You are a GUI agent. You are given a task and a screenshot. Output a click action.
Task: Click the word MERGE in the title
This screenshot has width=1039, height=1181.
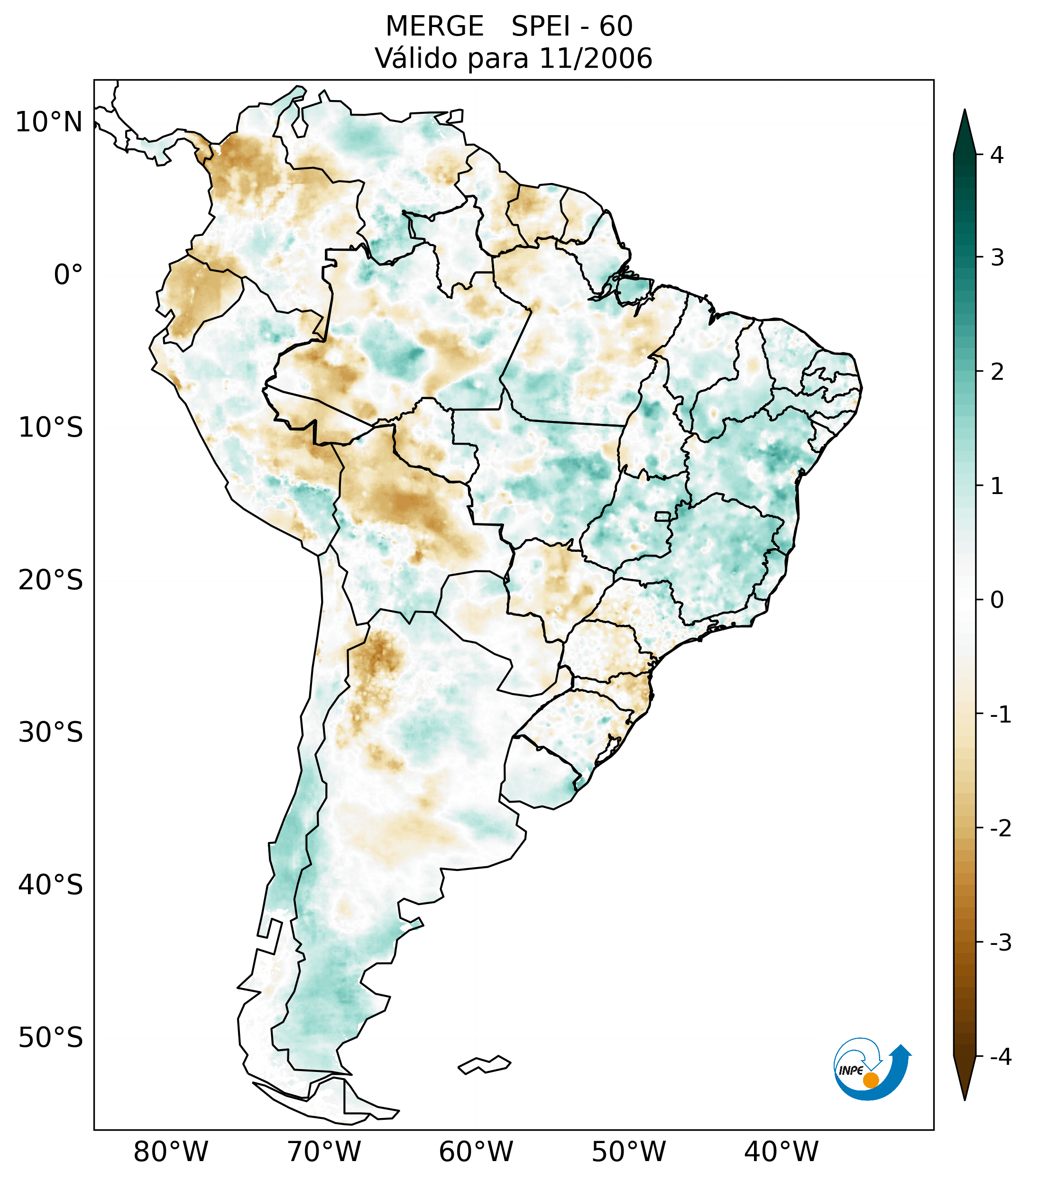[434, 27]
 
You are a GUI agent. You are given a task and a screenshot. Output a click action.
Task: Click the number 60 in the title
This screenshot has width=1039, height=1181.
[616, 27]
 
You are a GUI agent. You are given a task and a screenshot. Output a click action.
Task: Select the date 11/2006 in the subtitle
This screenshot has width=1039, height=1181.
[596, 58]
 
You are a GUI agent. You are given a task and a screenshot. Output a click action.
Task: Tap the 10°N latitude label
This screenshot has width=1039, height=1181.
[49, 122]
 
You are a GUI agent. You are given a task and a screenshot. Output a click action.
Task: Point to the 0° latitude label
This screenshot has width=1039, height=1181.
[68, 275]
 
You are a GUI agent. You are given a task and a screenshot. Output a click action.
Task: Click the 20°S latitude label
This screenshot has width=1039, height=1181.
[51, 580]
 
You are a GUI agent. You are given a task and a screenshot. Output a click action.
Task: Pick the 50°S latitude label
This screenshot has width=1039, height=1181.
[51, 1038]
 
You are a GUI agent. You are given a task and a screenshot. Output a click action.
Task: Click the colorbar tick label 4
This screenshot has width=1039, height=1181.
[997, 155]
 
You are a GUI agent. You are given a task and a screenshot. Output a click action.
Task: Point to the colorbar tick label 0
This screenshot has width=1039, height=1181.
[997, 600]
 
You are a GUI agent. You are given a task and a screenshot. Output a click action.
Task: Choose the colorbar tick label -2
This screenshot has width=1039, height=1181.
[1000, 829]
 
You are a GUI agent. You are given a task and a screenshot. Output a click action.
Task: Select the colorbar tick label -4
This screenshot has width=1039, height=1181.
[1000, 1057]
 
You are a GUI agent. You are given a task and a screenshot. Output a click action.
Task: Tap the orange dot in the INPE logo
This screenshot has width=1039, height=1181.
[871, 1080]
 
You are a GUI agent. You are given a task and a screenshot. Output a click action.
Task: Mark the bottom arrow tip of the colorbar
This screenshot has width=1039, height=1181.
[964, 1099]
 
